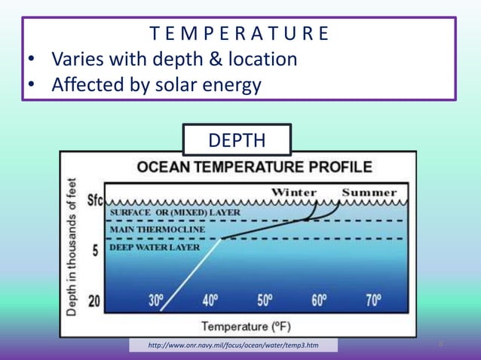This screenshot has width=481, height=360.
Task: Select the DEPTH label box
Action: (x=237, y=141)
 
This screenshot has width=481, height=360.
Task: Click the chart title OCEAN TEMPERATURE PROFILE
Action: (x=254, y=166)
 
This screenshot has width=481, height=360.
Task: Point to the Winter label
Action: (x=294, y=192)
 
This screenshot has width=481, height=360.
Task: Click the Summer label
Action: (x=369, y=192)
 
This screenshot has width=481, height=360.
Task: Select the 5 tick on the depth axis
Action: (x=96, y=251)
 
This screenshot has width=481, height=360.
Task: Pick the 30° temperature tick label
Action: (x=156, y=301)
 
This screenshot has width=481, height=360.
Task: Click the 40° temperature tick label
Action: (x=210, y=301)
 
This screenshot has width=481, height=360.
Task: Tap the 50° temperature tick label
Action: (x=265, y=301)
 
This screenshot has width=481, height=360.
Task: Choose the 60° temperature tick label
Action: (x=319, y=301)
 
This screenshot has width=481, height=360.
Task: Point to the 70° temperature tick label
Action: (x=373, y=301)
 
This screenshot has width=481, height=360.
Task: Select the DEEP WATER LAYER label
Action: (x=155, y=246)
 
